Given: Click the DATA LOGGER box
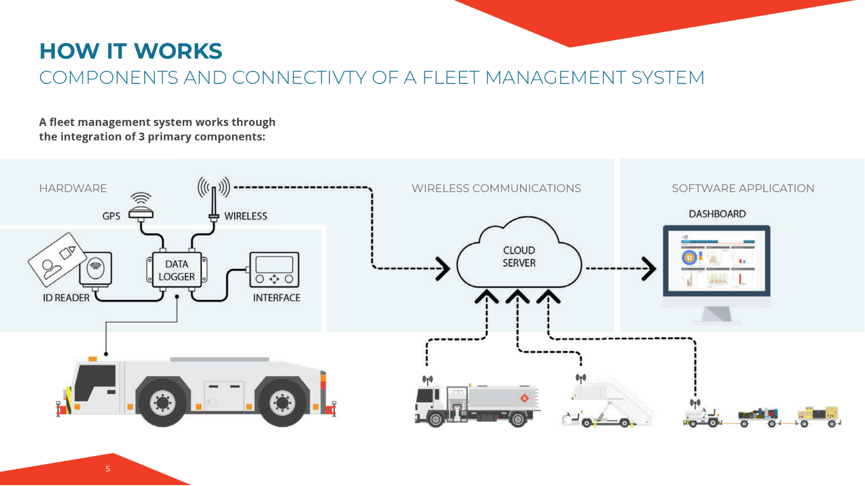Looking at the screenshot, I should pyautogui.click(x=176, y=270).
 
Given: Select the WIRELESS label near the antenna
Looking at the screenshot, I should pyautogui.click(x=246, y=216).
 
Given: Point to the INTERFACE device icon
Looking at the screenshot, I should pyautogui.click(x=274, y=270).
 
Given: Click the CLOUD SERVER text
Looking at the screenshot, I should pyautogui.click(x=519, y=257).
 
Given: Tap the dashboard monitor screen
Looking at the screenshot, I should pyautogui.click(x=717, y=261).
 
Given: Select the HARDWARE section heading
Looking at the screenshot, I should pyautogui.click(x=73, y=188).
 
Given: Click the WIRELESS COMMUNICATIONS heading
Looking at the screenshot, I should pyautogui.click(x=496, y=188).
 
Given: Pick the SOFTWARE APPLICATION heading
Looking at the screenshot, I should pyautogui.click(x=743, y=188).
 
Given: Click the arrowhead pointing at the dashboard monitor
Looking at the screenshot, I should pyautogui.click(x=648, y=269).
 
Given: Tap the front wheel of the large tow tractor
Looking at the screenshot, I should pyautogui.click(x=163, y=402).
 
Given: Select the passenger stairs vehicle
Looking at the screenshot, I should pyautogui.click(x=608, y=402).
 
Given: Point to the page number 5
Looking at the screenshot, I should pyautogui.click(x=108, y=469).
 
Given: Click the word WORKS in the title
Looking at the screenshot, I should pyautogui.click(x=178, y=51).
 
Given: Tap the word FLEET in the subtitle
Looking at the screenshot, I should pyautogui.click(x=451, y=78).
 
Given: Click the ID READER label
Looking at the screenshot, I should pyautogui.click(x=66, y=298).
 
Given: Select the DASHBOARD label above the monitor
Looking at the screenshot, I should pyautogui.click(x=717, y=214).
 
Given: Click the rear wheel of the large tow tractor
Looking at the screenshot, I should pyautogui.click(x=282, y=402).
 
